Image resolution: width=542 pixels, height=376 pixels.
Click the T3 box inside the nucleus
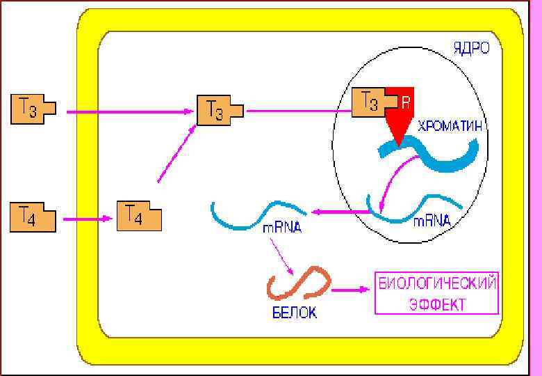(368, 103)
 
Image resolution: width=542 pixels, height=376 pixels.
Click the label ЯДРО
(471, 49)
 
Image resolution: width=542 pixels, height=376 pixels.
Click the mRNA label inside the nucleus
(432, 221)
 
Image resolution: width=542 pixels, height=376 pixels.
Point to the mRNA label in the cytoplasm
(282, 228)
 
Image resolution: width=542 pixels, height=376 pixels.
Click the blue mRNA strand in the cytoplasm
(257, 212)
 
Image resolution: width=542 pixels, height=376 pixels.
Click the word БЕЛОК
(294, 313)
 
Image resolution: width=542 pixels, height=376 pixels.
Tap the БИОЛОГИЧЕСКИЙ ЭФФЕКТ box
(436, 293)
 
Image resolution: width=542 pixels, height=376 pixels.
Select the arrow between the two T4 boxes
(87, 219)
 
